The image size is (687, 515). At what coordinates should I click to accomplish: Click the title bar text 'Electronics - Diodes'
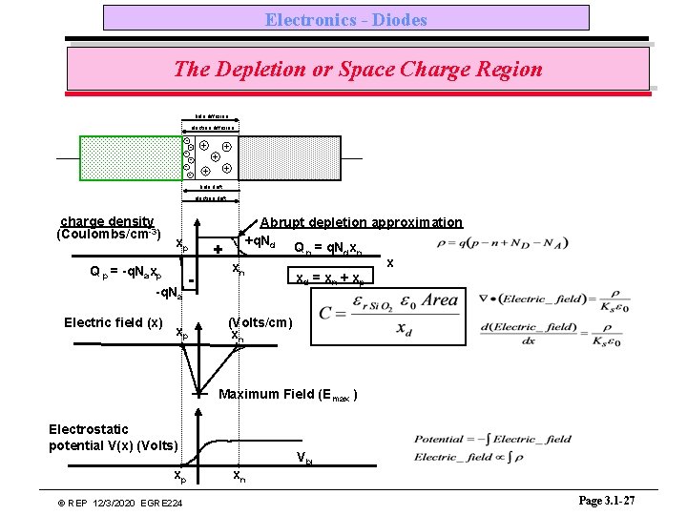[x=345, y=19]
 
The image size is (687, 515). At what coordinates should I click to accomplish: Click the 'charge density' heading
[x=107, y=221]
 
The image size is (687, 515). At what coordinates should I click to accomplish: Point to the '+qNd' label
[x=260, y=242]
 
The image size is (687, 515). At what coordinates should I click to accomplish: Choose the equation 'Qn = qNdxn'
[x=328, y=249]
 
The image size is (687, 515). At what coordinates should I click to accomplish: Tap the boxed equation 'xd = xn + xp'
[x=329, y=280]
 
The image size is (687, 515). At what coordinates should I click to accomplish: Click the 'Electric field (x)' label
[x=114, y=322]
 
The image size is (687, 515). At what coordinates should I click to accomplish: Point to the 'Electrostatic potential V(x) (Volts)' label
[x=112, y=437]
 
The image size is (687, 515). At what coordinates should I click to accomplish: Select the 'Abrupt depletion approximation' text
[x=362, y=222]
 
